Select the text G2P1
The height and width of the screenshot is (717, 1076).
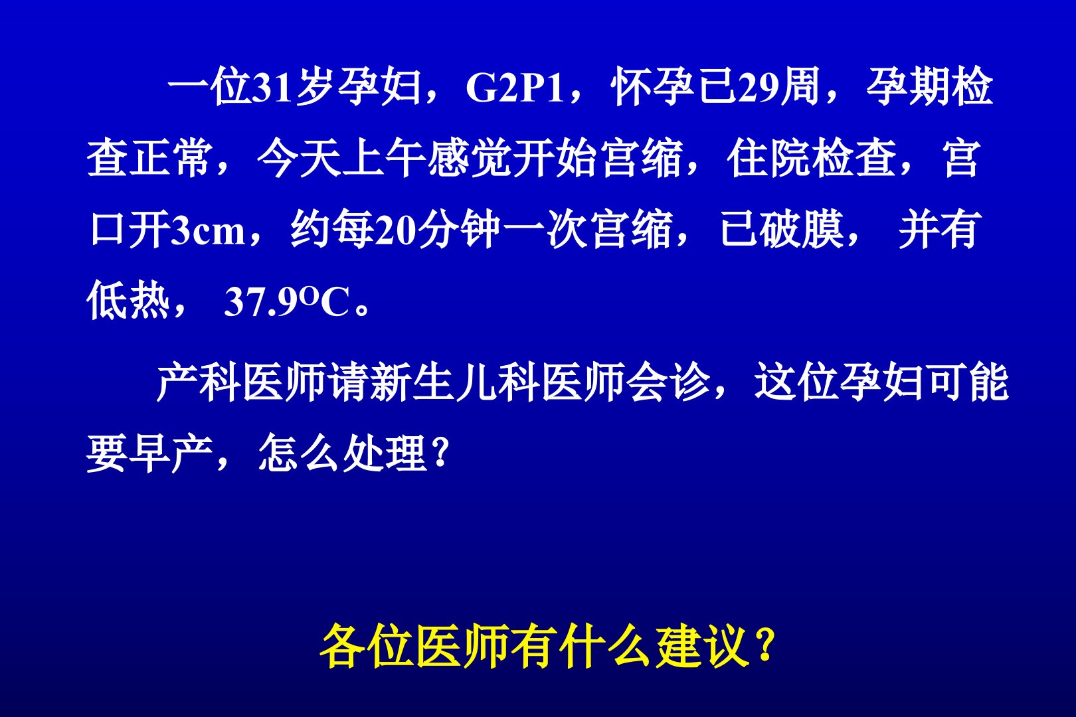tap(515, 89)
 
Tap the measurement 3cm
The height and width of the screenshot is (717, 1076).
tap(207, 231)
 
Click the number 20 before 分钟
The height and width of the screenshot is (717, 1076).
tap(395, 231)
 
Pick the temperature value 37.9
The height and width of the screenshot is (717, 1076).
tap(259, 302)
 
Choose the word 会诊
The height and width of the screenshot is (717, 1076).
tap(668, 382)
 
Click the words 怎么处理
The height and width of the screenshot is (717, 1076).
tap(342, 453)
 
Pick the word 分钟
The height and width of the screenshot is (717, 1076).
tap(459, 230)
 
